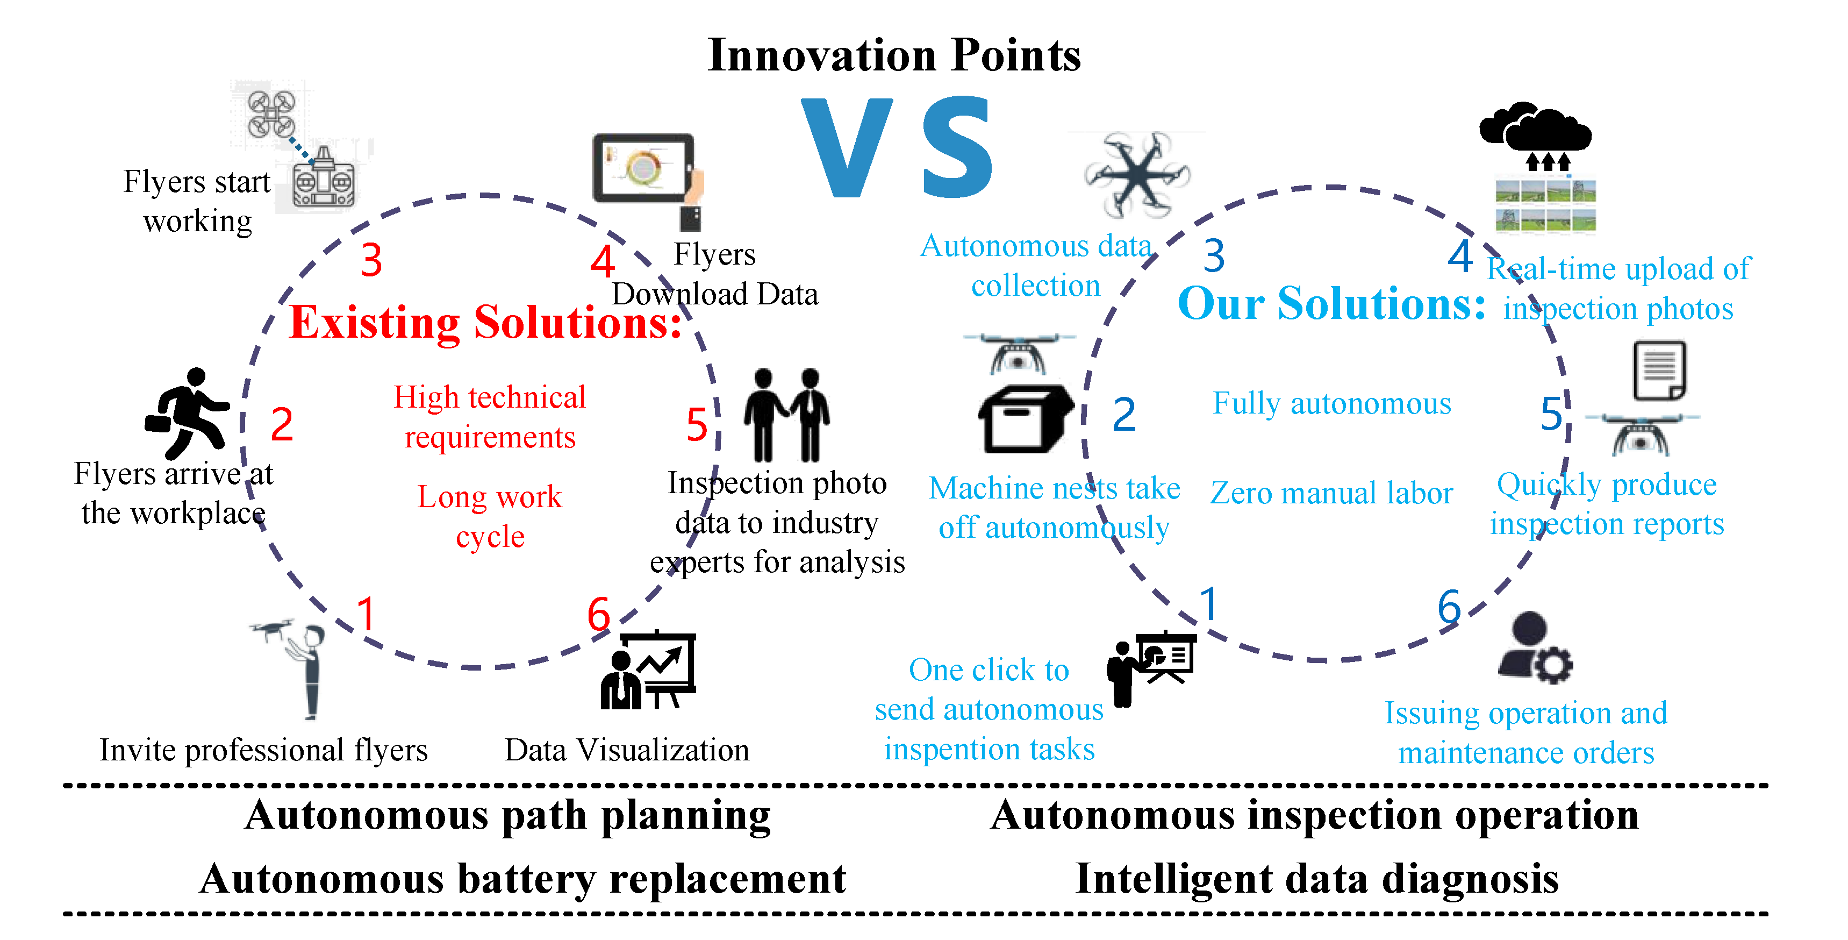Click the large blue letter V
[x=847, y=147]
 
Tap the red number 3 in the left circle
[x=371, y=259]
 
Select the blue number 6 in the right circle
[x=1449, y=607]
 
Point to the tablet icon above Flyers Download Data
[x=645, y=169]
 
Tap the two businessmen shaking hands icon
[x=786, y=415]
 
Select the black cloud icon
[x=1535, y=129]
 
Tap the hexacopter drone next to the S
[x=1137, y=174]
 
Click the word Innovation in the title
[x=822, y=55]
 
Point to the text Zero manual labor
[x=1331, y=493]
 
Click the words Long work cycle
[x=490, y=517]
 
